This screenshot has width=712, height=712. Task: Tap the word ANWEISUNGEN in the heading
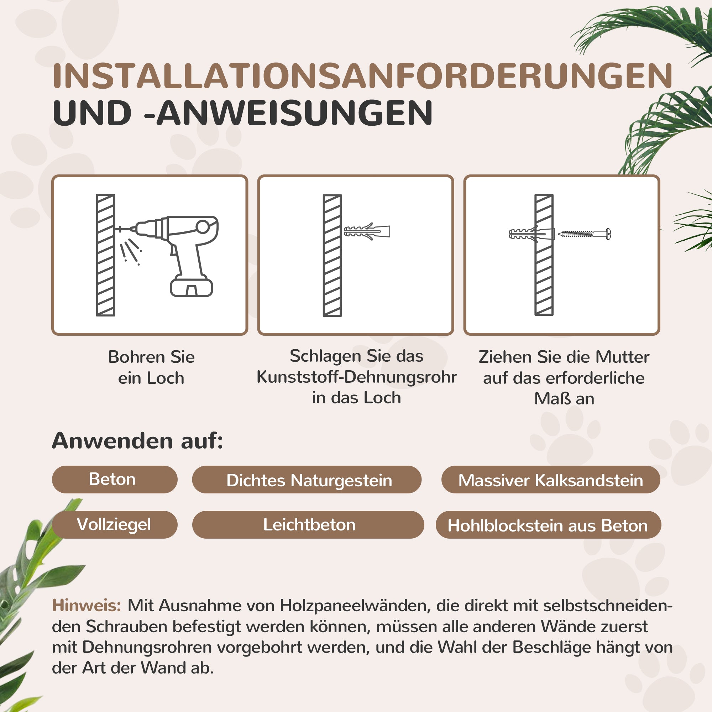click(295, 113)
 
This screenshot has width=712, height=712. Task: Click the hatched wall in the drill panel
click(106, 255)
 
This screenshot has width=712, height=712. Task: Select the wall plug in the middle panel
click(367, 231)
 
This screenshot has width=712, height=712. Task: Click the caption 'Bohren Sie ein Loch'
click(151, 367)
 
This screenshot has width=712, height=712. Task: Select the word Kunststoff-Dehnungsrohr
click(356, 377)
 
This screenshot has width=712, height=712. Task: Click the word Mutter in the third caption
click(622, 357)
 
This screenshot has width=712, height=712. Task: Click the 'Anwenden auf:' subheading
click(137, 441)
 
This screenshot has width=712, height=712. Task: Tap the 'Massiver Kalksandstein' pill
click(551, 480)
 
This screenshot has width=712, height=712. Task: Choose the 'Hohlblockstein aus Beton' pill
click(548, 525)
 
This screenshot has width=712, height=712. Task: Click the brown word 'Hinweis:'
click(87, 606)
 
